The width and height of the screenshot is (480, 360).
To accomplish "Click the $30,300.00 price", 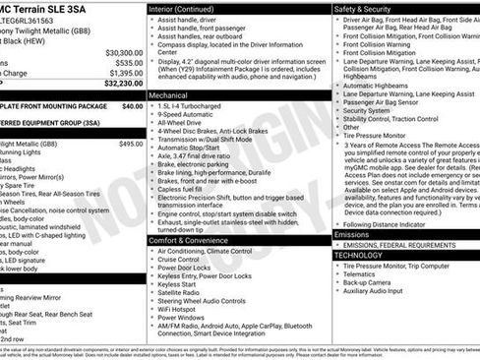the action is coord(124,52).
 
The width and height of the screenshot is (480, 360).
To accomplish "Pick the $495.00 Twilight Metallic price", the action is coord(130,144).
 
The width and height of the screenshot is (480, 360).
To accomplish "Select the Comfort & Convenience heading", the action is coord(193,240).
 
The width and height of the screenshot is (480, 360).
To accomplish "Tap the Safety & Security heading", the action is coord(363,8).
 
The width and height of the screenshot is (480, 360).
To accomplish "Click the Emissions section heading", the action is coord(352,235).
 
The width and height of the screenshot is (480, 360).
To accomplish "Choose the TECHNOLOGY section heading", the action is coord(359,255).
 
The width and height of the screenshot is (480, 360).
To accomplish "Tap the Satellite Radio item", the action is coord(184,291).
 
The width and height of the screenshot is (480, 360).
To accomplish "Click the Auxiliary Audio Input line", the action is coord(379,291).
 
